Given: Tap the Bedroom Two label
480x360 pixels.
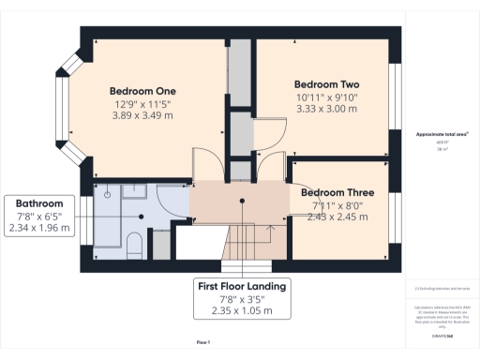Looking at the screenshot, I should click(325, 82).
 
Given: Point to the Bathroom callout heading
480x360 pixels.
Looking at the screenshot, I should click(38, 203).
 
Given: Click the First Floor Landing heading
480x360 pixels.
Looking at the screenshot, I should click(241, 285).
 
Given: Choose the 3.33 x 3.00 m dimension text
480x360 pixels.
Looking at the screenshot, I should click(325, 109).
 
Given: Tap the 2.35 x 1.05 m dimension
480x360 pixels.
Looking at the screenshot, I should click(241, 311).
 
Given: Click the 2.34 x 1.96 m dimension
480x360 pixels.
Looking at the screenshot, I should click(38, 229).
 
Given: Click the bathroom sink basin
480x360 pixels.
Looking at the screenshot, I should click(108, 193).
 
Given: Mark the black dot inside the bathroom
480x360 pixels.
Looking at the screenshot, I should click(142, 216).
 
